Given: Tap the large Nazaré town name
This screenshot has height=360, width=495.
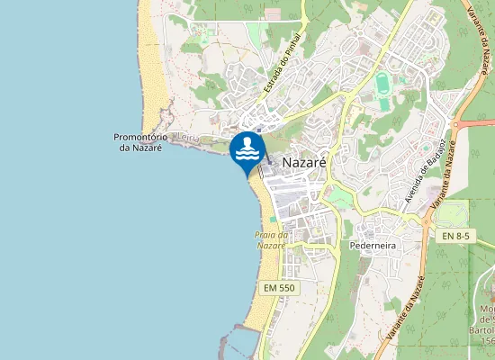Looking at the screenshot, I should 303,162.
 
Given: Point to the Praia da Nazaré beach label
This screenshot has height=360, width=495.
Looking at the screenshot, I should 271,240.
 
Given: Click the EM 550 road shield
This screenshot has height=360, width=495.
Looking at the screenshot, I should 279,287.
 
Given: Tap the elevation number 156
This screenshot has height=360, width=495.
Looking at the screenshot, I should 488,341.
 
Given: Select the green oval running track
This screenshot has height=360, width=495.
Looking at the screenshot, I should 384,91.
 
